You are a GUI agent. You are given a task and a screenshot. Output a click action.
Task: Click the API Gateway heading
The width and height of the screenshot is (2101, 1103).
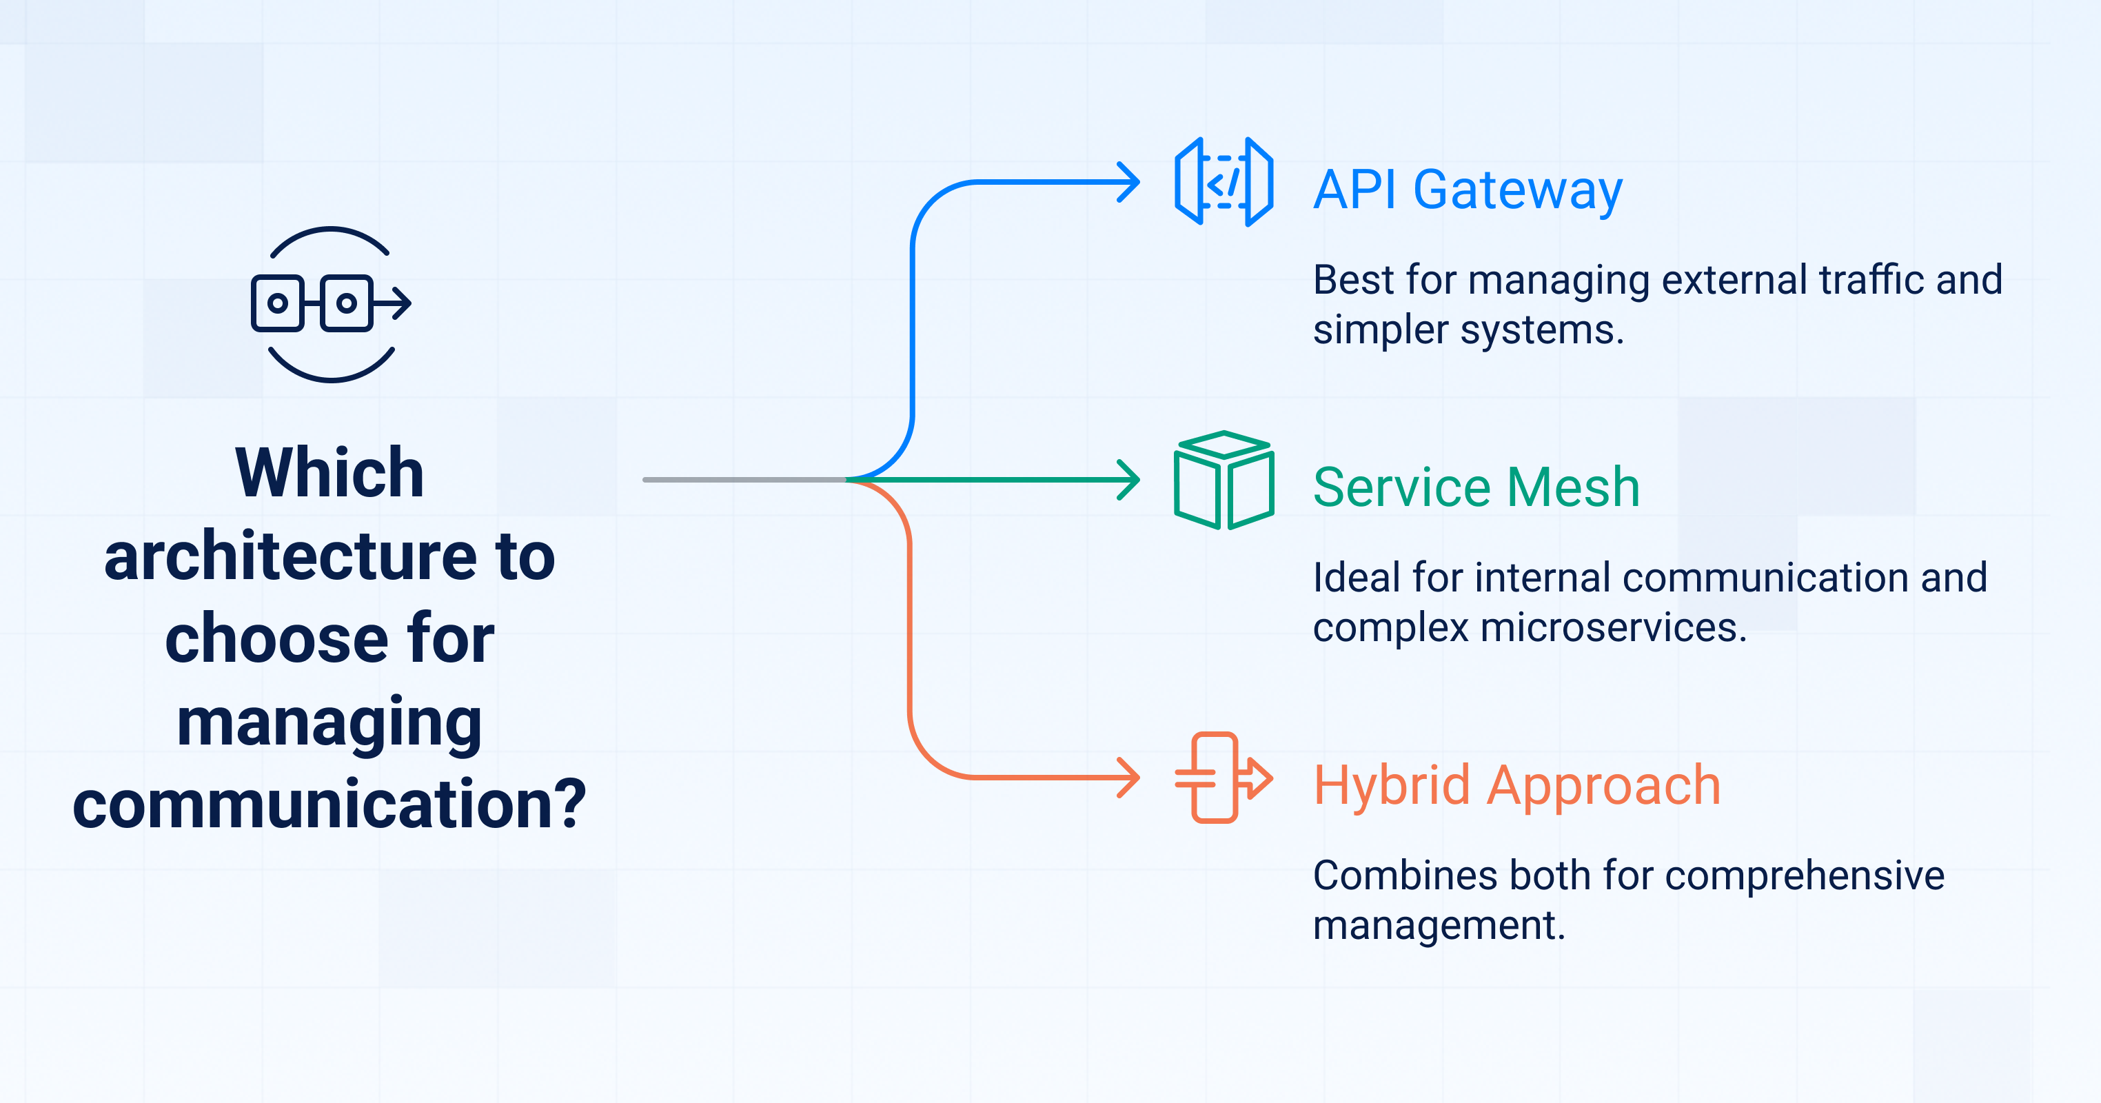pos(1468,191)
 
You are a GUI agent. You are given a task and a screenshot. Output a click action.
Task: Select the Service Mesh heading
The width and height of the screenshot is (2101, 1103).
pos(1476,487)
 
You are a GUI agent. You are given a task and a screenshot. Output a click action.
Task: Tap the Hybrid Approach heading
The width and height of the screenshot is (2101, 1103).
pos(1517,786)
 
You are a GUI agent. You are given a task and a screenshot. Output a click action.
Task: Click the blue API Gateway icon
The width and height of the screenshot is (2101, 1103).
pos(1224,182)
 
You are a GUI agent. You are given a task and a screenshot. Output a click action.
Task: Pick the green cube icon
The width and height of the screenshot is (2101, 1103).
pos(1224,480)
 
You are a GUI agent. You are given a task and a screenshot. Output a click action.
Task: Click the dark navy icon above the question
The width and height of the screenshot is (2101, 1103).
pos(331,304)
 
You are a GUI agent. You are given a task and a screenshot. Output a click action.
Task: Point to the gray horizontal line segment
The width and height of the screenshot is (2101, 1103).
pos(745,480)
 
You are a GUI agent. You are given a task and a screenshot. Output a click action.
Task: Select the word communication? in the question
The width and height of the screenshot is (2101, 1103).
pos(329,805)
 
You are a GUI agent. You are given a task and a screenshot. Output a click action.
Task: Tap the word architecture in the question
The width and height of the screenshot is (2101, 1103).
pos(290,556)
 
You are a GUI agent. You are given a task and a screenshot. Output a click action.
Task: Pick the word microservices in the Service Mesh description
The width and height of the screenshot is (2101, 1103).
pos(1613,627)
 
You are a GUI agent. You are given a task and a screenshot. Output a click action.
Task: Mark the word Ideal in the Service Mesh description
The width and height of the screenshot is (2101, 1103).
pos(1357,578)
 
